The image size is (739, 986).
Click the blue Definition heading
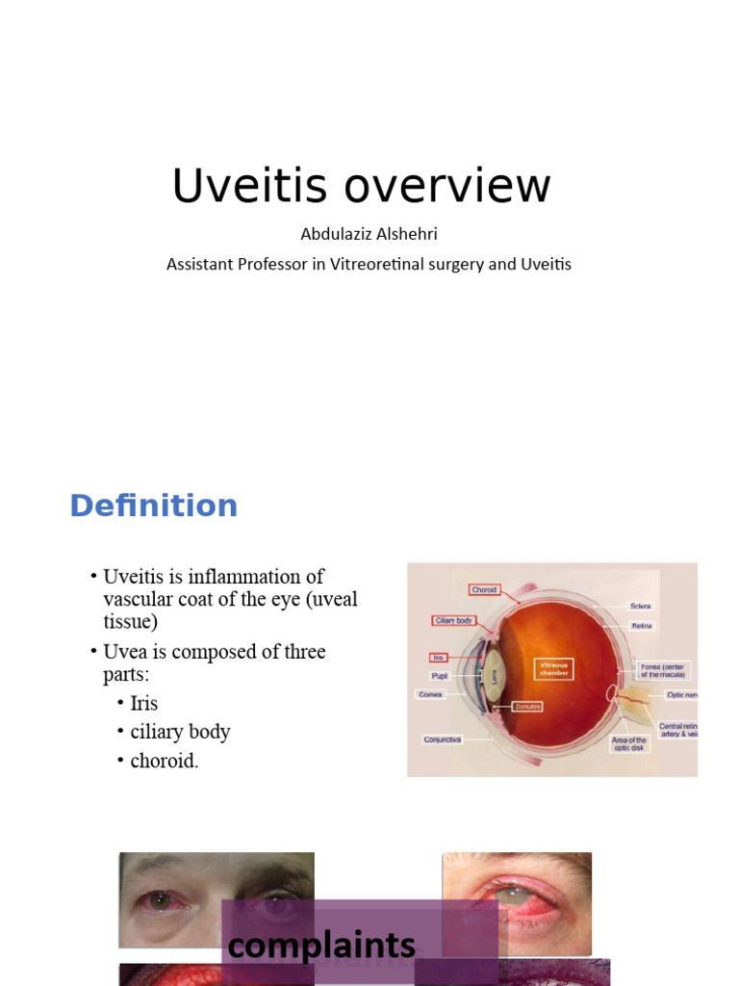153,506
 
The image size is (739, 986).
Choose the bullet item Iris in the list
143,703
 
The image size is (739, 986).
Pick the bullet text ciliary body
180,732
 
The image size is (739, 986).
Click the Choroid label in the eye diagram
484,589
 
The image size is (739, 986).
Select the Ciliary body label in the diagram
452,621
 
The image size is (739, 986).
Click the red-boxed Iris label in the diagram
438,658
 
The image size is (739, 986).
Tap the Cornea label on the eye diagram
429,693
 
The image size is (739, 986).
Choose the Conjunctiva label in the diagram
443,739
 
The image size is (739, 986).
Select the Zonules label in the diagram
527,706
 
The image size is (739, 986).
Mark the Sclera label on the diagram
641,606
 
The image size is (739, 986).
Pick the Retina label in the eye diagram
642,626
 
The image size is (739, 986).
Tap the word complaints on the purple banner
321,946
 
